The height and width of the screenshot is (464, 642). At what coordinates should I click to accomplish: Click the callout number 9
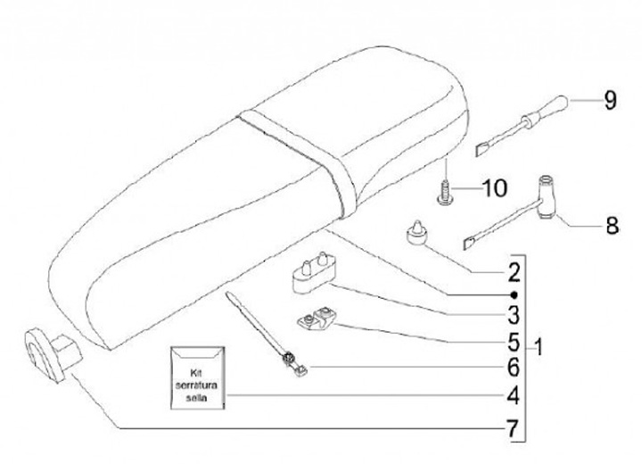tap(609, 101)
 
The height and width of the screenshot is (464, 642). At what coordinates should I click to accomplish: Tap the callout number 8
tap(611, 225)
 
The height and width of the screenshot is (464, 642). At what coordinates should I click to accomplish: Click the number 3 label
tap(514, 314)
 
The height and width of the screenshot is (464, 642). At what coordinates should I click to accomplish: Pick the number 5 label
tap(514, 341)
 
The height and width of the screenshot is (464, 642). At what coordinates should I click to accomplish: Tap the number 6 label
tap(514, 367)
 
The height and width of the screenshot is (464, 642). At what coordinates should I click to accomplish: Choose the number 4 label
tap(514, 394)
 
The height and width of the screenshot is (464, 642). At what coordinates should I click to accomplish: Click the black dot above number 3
tap(514, 294)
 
